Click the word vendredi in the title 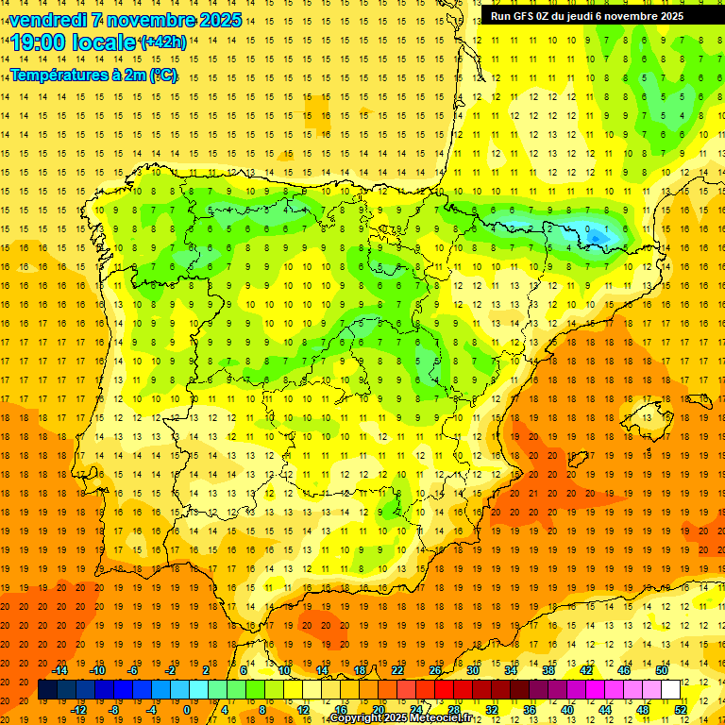[x=48, y=20]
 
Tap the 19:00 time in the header [x=39, y=42]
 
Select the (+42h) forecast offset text [x=162, y=42]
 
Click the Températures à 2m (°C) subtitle [x=93, y=75]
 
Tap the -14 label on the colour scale [x=59, y=670]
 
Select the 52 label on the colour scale [x=680, y=710]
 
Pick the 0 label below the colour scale [x=186, y=710]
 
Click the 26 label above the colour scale [x=435, y=670]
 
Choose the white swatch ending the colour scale [x=671, y=690]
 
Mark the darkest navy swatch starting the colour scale [x=47, y=690]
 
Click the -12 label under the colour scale [x=78, y=710]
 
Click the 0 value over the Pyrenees [x=588, y=228]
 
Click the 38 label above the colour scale [x=548, y=670]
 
